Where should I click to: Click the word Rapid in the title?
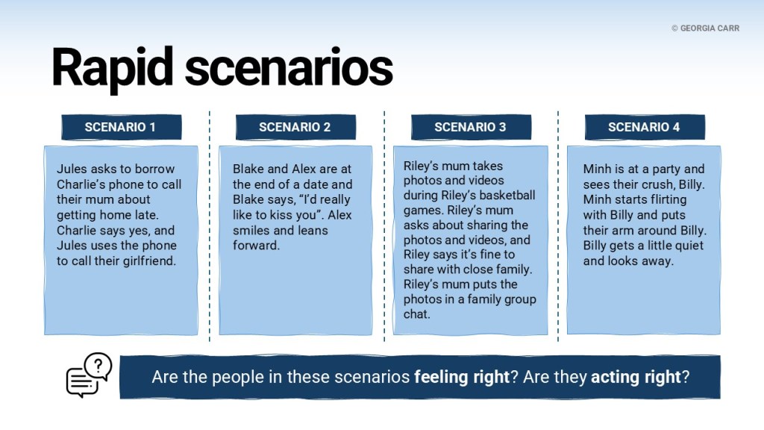[112, 68]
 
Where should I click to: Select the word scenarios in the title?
[289, 68]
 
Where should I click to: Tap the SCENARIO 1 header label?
[120, 127]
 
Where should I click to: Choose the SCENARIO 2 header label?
[295, 127]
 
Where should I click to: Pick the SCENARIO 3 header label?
[470, 127]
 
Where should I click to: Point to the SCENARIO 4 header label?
[644, 127]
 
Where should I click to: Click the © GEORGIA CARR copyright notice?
[705, 28]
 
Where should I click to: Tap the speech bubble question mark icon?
[90, 375]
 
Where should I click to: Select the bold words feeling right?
[461, 377]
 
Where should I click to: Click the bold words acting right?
[636, 377]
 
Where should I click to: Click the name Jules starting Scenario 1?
[72, 169]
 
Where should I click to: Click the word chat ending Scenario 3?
[416, 314]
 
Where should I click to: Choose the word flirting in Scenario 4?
[664, 200]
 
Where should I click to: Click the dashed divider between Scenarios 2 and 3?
[384, 225]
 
